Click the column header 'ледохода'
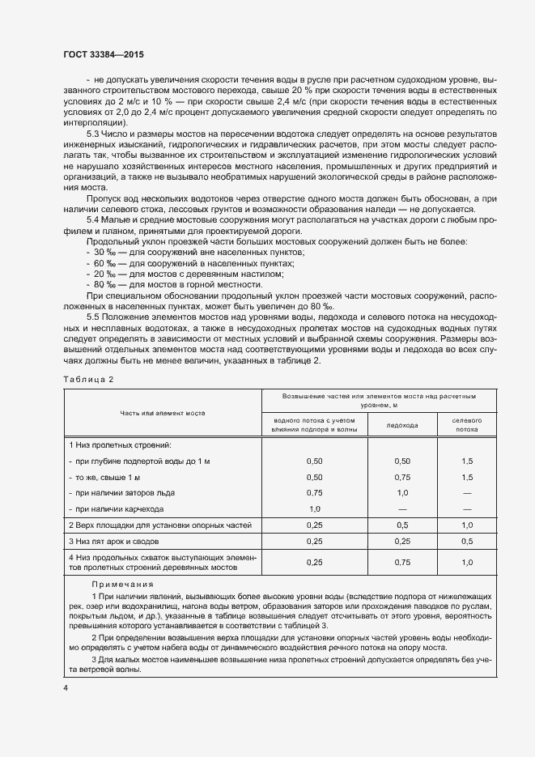coord(402,425)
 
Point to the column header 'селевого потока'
coord(466,425)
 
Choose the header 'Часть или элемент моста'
coord(162,413)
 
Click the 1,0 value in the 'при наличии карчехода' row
coord(315,508)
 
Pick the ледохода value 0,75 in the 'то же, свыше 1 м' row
coord(402,477)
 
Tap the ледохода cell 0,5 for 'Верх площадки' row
coord(402,525)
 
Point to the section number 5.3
coord(92,133)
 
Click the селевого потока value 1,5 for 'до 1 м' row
coord(466,461)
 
